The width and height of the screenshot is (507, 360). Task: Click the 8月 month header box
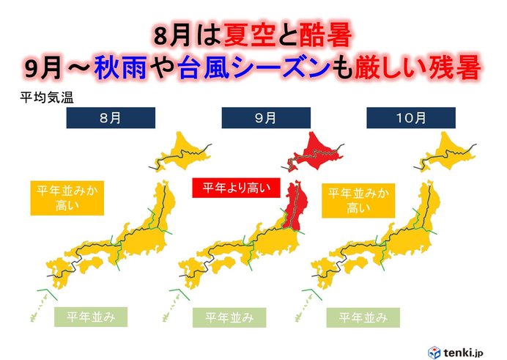coord(110,117)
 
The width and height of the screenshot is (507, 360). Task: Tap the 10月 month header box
coord(410,117)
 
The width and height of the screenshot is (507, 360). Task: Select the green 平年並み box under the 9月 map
coord(229,317)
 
